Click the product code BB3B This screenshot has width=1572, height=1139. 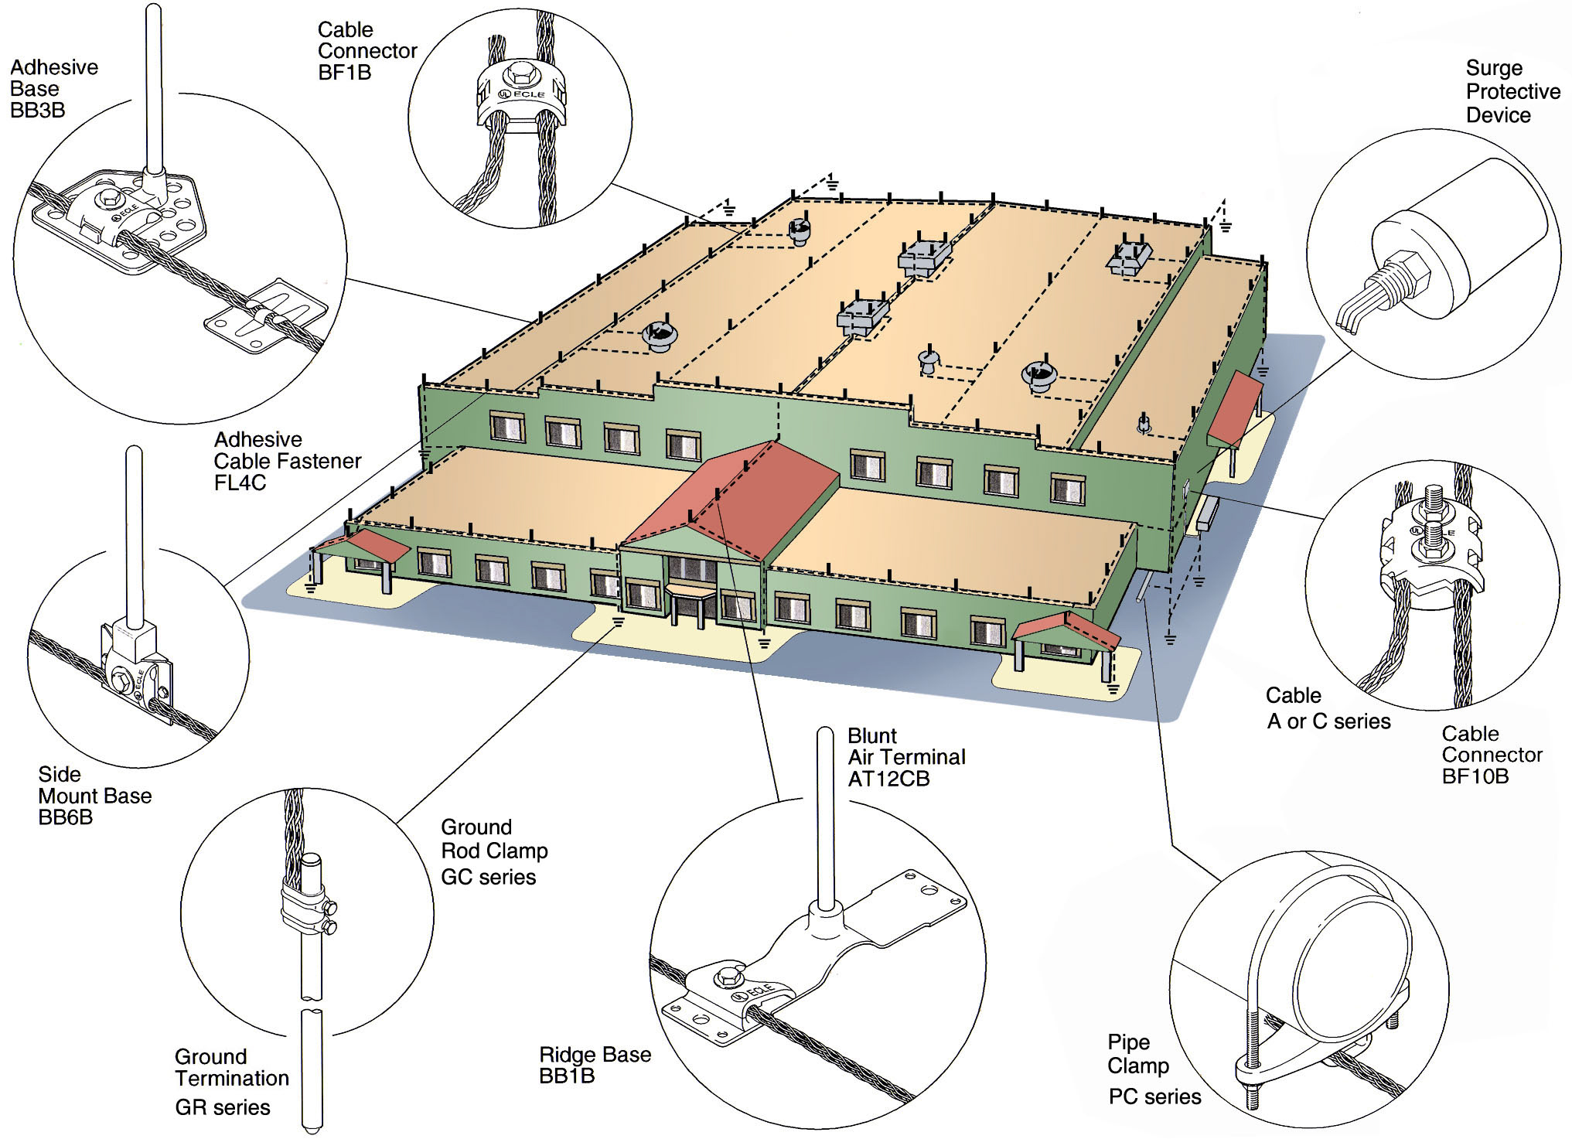[37, 111]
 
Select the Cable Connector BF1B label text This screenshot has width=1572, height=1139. [367, 51]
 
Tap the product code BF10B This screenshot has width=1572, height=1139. [1475, 776]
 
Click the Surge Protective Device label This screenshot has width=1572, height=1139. [1512, 92]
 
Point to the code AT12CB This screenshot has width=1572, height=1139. [888, 779]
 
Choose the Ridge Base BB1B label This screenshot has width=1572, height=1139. [595, 1065]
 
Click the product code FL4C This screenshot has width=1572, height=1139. [240, 483]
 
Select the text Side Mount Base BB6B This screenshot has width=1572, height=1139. [94, 796]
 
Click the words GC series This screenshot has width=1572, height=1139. [488, 877]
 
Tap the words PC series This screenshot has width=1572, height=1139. [1154, 1096]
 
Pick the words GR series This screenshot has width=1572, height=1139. [223, 1107]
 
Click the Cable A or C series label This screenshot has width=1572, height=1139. [1328, 708]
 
